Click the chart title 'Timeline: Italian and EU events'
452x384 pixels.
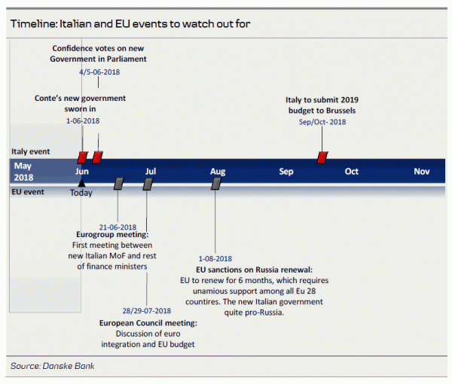point(130,23)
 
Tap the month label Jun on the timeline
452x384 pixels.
point(82,171)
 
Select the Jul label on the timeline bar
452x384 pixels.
point(151,171)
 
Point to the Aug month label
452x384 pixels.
point(218,171)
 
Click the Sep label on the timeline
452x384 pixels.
point(286,171)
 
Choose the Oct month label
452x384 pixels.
point(352,171)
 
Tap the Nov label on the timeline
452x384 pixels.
point(422,171)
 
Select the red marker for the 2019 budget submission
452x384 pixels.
point(322,157)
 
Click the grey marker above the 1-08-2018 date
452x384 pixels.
point(216,183)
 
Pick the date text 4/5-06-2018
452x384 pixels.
point(99,72)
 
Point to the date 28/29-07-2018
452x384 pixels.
point(147,311)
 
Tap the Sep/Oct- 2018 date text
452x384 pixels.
point(322,122)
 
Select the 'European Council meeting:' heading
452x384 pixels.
point(148,323)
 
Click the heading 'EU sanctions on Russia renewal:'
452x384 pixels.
point(254,269)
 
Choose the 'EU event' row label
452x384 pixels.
point(27,192)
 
